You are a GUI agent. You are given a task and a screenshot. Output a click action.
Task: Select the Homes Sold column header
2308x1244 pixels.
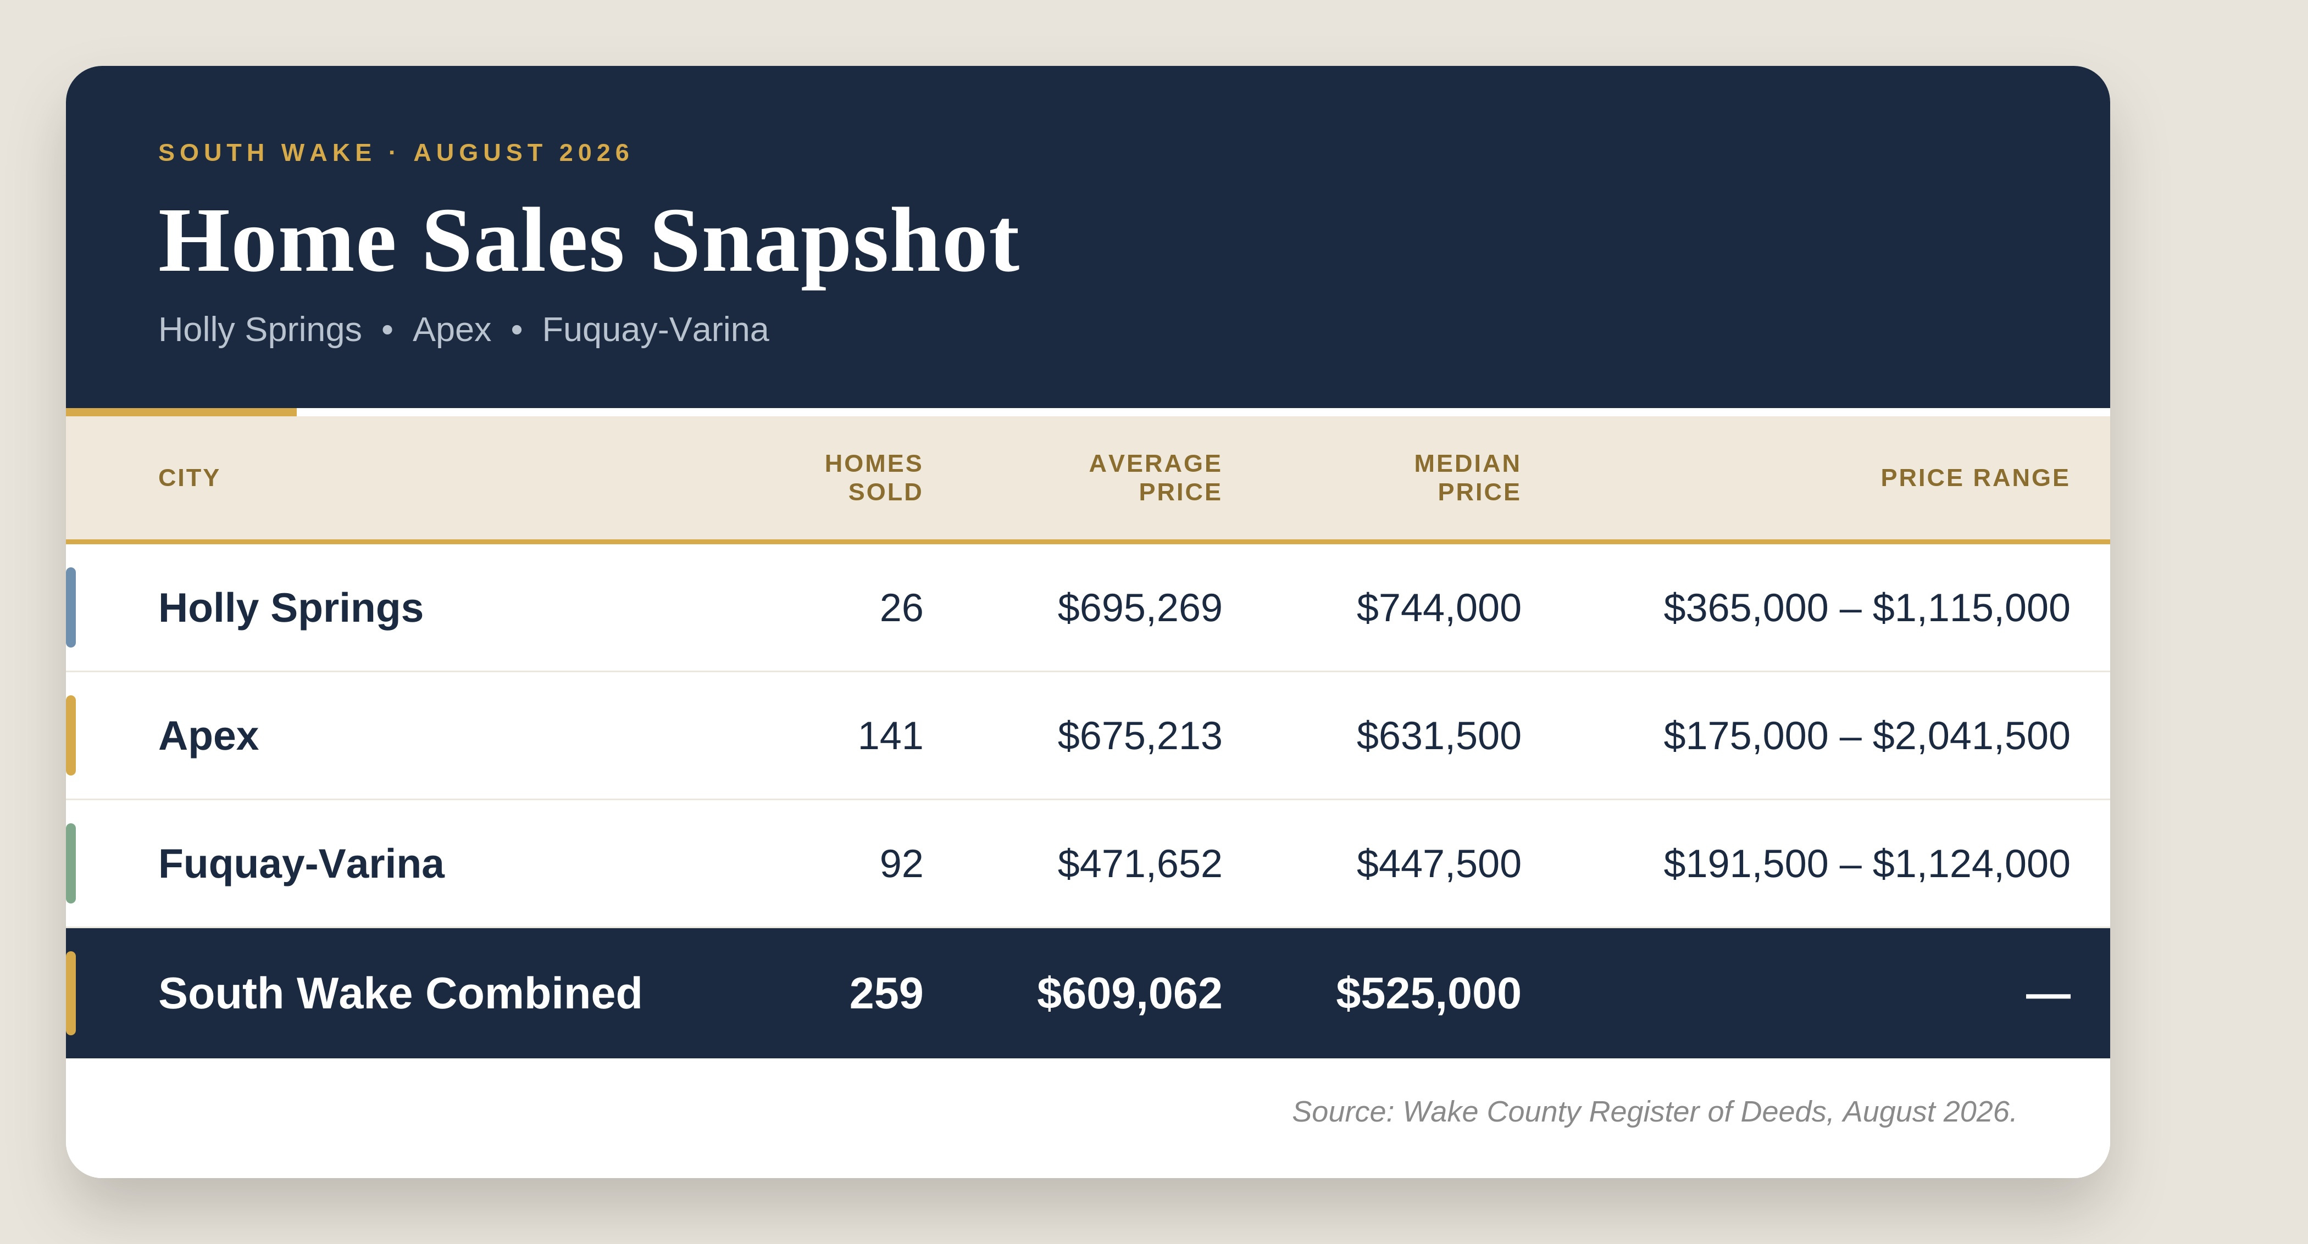(x=874, y=477)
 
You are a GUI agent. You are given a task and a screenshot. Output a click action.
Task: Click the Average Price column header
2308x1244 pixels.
(x=1155, y=477)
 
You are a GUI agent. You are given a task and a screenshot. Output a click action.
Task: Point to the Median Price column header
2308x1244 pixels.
(x=1467, y=477)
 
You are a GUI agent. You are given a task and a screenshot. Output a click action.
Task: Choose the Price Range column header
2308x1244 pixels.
(x=1974, y=477)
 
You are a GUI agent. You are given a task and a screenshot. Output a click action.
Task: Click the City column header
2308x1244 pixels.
(x=189, y=477)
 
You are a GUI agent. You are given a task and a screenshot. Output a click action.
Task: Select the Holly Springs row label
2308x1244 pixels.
(x=290, y=608)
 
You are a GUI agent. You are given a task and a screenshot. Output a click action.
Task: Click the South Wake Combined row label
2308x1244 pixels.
(x=401, y=993)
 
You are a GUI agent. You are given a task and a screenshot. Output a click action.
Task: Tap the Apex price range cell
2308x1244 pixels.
(x=1866, y=736)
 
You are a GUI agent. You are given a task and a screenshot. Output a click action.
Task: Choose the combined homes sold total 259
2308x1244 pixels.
(x=886, y=993)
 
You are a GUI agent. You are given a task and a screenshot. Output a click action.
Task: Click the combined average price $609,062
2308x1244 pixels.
(x=1129, y=993)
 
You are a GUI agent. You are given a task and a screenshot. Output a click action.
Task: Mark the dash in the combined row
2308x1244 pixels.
(x=2048, y=995)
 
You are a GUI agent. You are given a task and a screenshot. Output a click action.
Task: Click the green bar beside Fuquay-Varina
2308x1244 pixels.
(x=71, y=863)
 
